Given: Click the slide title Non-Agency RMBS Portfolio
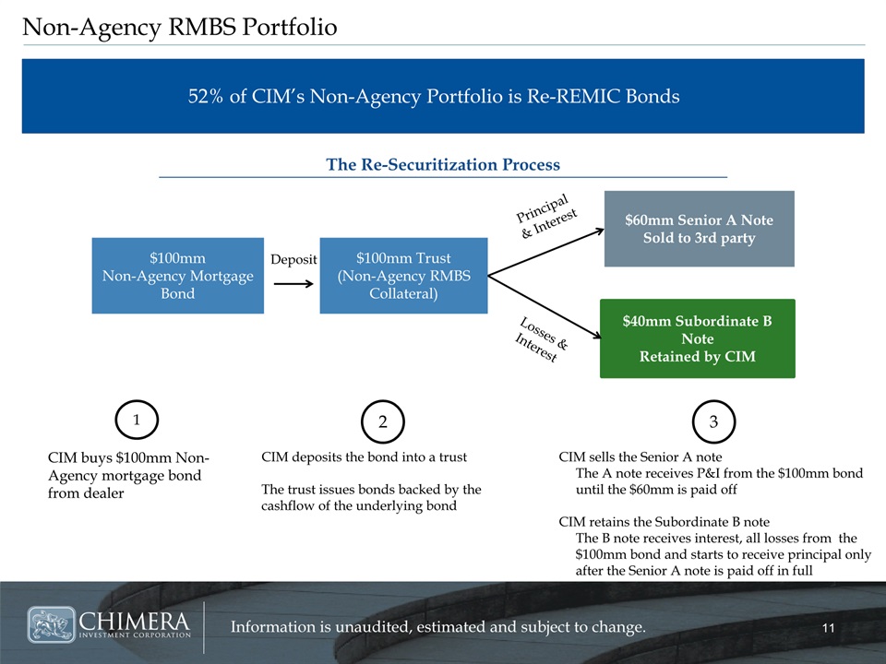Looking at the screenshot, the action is click(180, 27).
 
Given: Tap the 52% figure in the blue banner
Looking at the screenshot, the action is click(206, 96).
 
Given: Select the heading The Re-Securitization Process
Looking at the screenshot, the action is click(443, 164).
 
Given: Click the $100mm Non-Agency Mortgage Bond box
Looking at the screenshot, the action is click(178, 276).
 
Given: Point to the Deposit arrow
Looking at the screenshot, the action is click(293, 283).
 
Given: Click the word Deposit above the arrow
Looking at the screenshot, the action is click(293, 259).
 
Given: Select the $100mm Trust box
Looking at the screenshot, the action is click(403, 276).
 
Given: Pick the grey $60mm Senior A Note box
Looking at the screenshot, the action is click(699, 229).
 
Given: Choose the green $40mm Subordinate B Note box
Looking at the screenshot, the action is click(698, 338).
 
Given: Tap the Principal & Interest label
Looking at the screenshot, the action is click(546, 216).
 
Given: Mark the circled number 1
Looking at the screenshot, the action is click(137, 420).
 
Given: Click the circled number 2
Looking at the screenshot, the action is click(382, 421).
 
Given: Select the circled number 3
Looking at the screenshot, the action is click(713, 421).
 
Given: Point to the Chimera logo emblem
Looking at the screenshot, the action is click(51, 624).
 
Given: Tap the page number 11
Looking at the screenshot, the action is click(829, 628).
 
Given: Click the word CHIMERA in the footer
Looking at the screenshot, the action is click(135, 622).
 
